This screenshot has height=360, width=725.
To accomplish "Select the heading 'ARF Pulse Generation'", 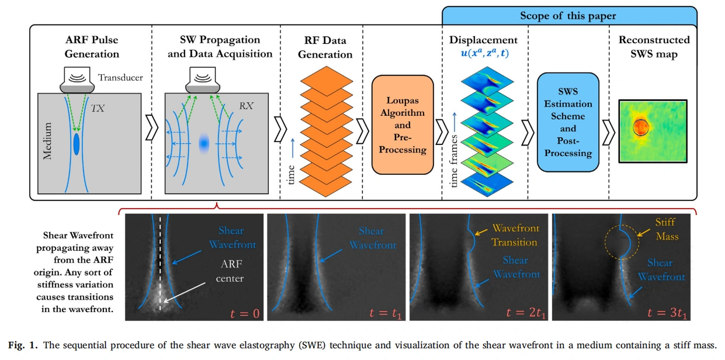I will tap(91, 47).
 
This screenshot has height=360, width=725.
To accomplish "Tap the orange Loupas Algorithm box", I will tap(403, 123).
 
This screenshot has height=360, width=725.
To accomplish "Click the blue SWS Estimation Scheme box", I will tap(568, 122).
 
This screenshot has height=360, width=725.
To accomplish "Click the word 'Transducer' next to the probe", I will tap(120, 77).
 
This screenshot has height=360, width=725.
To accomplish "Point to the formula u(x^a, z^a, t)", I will tap(484, 53).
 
